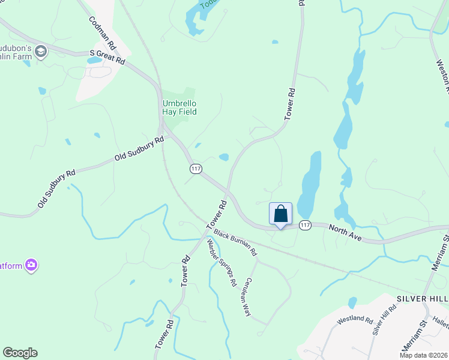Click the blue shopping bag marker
280,214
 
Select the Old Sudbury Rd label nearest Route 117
140,149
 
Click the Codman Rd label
101,33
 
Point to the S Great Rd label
107,57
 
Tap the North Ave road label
345,233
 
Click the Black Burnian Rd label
235,241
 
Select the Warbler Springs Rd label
221,263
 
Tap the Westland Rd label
355,320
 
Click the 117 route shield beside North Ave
305,225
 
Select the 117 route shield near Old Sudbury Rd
194,169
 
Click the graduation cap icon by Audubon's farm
41,52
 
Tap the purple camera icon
31,265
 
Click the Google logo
20,353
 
